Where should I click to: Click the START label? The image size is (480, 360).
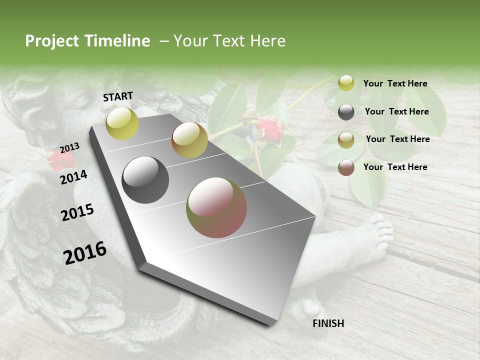[118, 96]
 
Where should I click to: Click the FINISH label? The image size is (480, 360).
[328, 323]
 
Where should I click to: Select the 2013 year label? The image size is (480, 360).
[69, 148]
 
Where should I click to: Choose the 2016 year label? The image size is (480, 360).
[85, 253]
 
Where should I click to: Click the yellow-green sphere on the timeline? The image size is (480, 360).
[122, 123]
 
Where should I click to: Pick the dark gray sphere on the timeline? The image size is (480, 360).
[145, 180]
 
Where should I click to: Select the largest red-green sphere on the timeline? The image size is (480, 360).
[216, 207]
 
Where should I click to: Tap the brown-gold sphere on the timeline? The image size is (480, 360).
[189, 140]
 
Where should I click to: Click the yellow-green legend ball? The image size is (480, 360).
[346, 83]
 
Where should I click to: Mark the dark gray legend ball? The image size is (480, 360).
[346, 112]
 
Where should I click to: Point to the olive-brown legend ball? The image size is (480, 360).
[346, 140]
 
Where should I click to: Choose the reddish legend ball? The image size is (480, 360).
[346, 167]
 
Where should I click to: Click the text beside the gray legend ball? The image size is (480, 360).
[396, 111]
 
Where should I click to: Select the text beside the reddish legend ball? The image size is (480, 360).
[395, 167]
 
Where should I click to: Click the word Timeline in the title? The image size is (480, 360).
[117, 41]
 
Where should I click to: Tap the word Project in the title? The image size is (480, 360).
[52, 41]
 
